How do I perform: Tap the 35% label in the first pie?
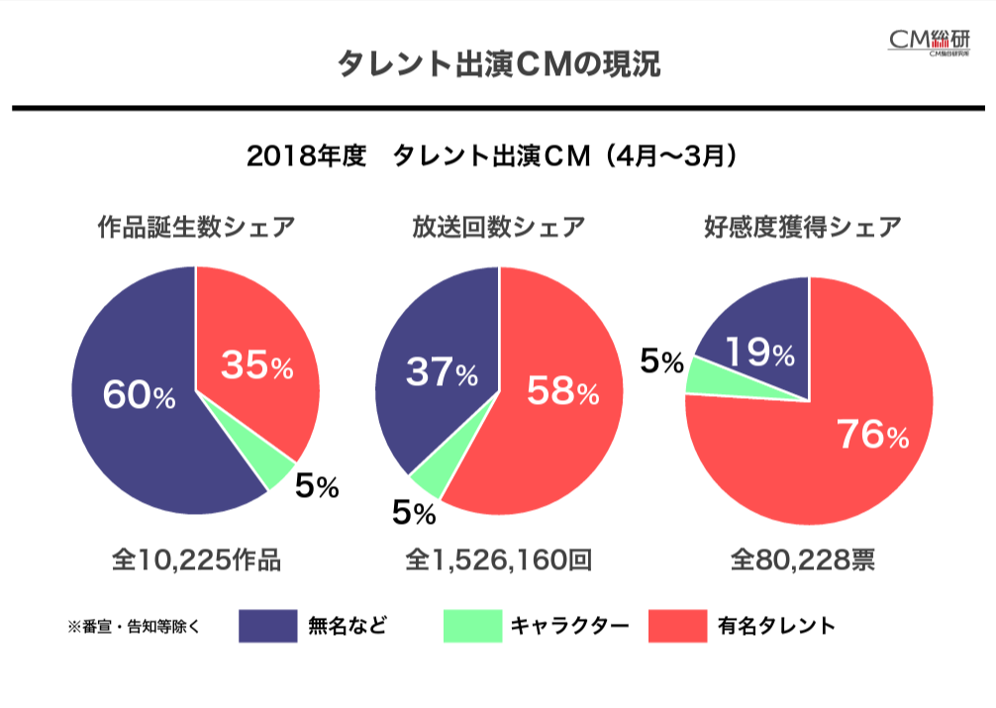click(256, 366)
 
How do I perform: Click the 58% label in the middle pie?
click(562, 391)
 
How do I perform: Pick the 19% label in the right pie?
click(759, 353)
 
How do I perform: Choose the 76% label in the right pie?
click(872, 435)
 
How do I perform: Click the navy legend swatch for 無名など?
click(267, 626)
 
